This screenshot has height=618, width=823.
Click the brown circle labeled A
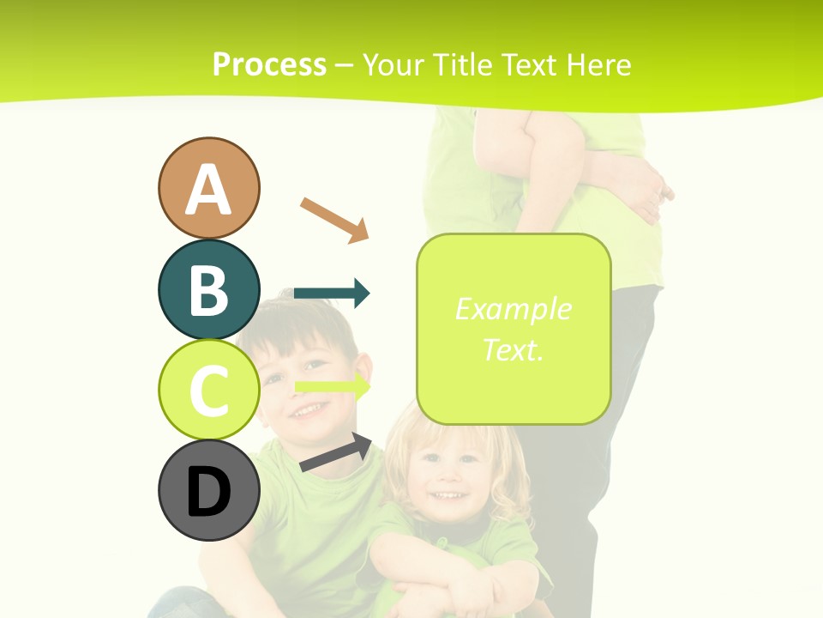point(209,188)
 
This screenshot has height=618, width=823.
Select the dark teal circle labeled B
point(209,289)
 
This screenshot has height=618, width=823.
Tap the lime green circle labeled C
point(209,391)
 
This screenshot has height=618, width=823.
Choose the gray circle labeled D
point(209,491)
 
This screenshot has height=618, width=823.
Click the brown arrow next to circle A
point(334,219)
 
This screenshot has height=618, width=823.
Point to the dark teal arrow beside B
point(332,294)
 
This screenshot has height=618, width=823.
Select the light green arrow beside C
point(333,387)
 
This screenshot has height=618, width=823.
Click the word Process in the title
point(269,64)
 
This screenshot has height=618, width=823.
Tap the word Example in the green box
point(513,309)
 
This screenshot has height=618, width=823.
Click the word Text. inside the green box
point(513,349)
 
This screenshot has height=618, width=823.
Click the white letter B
point(209,289)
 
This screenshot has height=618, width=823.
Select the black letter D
point(209,492)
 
